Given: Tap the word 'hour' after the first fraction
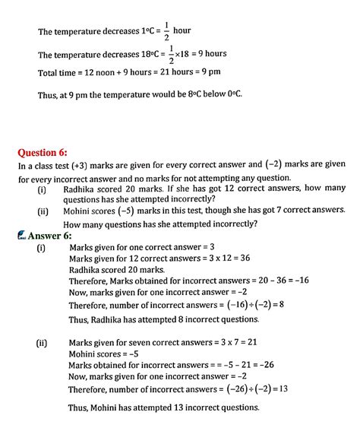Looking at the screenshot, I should tap(182, 31).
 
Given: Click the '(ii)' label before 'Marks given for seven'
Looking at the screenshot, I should tap(43, 343).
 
